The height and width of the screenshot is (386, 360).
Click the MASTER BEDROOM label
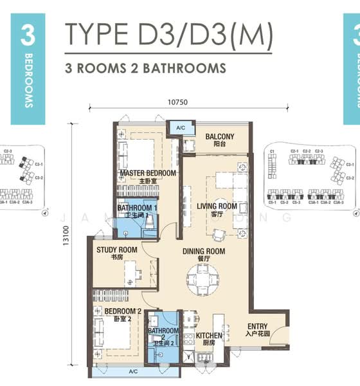click(x=147, y=174)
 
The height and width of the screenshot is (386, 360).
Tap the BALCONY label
click(x=219, y=136)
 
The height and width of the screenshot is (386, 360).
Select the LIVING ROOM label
click(x=217, y=207)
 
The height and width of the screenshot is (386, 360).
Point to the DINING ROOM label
click(x=203, y=251)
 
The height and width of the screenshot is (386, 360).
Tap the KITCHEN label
click(x=209, y=336)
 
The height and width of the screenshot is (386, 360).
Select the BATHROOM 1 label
click(x=137, y=208)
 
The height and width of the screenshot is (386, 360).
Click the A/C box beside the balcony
click(x=181, y=128)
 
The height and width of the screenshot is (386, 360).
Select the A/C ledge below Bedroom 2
click(x=133, y=372)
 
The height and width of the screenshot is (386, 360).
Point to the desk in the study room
click(x=133, y=273)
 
